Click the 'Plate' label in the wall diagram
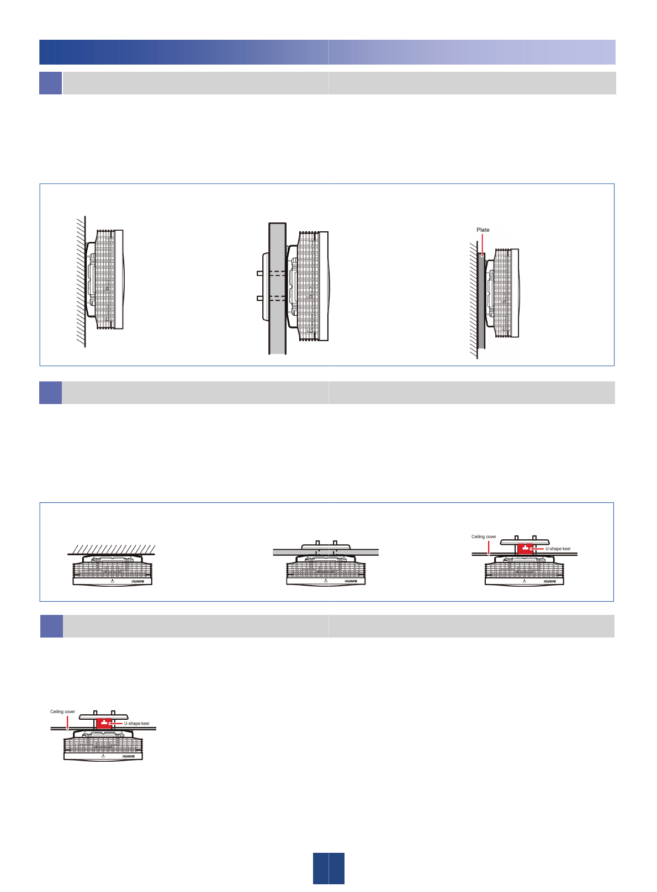(x=483, y=230)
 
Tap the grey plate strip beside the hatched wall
(x=482, y=309)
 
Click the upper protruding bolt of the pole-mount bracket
(x=259, y=273)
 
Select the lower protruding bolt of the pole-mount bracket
(x=259, y=298)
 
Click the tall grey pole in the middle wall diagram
(x=277, y=331)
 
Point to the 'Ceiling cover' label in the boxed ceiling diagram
(x=484, y=537)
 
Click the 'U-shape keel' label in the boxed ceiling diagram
(x=558, y=549)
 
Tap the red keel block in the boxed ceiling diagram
(x=525, y=549)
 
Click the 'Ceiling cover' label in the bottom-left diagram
(x=62, y=712)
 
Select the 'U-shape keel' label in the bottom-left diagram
(x=136, y=723)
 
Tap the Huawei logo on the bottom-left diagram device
(x=129, y=756)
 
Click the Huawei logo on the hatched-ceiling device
(x=138, y=581)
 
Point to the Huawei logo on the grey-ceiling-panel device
(x=351, y=581)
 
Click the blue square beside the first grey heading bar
(x=50, y=83)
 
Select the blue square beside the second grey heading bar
(x=50, y=392)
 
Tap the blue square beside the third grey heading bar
(x=51, y=626)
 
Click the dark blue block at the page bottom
(x=328, y=868)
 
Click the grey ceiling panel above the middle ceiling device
(x=364, y=552)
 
